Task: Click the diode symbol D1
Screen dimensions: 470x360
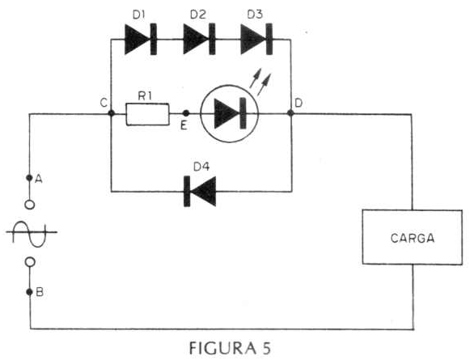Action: (x=141, y=39)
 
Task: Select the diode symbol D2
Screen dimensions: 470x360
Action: (x=199, y=39)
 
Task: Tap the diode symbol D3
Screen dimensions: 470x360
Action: (x=256, y=39)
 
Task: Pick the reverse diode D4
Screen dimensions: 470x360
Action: (x=200, y=191)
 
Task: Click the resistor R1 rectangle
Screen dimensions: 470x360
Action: (x=147, y=114)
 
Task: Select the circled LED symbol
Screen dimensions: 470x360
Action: (x=229, y=113)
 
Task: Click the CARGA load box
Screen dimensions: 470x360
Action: (x=413, y=237)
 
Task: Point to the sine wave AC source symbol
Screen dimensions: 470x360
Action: (x=32, y=234)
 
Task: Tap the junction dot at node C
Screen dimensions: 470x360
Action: (x=111, y=113)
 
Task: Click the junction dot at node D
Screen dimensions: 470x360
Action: (x=290, y=112)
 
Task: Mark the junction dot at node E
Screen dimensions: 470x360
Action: (x=186, y=113)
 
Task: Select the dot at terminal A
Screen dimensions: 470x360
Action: (x=29, y=178)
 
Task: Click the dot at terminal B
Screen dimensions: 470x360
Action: (x=29, y=292)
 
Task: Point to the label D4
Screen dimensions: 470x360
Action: (x=201, y=167)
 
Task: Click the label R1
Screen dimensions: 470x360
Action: (x=145, y=96)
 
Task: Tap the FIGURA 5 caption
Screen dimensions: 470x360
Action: (x=231, y=348)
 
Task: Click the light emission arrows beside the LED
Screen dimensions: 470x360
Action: (x=260, y=82)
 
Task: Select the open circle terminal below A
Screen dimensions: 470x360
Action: (x=29, y=205)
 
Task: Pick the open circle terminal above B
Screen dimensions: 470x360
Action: (x=29, y=262)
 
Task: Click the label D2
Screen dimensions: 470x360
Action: (x=198, y=15)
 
